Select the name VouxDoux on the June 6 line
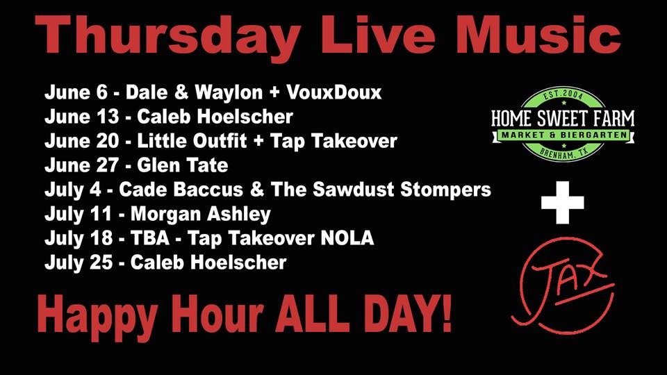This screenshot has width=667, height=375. tap(334, 92)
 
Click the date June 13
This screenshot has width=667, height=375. tap(81, 117)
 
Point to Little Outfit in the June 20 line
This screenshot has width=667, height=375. tap(192, 141)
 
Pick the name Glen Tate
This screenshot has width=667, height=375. tap(183, 165)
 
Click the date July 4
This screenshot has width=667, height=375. tap(73, 190)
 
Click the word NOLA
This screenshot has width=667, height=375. tap(347, 238)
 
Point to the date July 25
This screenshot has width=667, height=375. tap(79, 262)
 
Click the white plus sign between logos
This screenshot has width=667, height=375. tap(562, 202)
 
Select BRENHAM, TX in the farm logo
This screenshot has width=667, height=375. tap(563, 152)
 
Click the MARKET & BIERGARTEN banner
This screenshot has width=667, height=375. tap(563, 135)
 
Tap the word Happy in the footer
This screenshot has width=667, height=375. tap(97, 315)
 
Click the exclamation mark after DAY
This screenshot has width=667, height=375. tap(445, 313)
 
